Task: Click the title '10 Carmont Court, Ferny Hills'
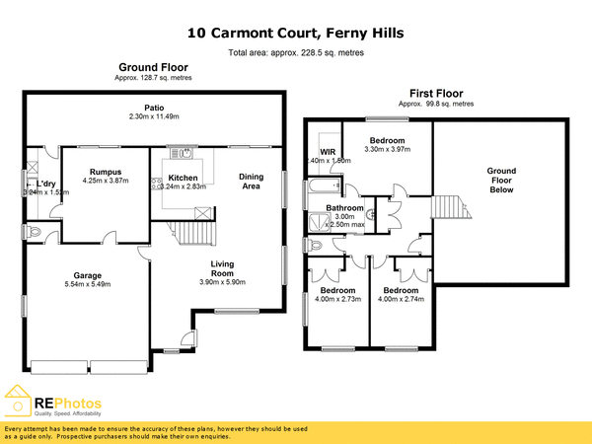point(296,34)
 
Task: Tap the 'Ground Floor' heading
point(154,67)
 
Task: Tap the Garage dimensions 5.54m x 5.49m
point(88,284)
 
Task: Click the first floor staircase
point(449,207)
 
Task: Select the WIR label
point(317,151)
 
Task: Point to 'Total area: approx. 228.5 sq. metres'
point(295,52)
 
